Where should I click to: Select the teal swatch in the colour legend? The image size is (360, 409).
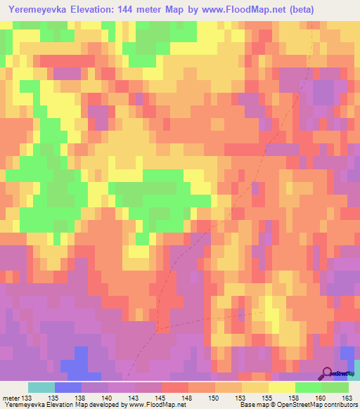pyautogui.click(x=41, y=387)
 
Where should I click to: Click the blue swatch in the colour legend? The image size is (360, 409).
pyautogui.click(x=67, y=387)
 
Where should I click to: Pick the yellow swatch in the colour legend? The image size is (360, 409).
pyautogui.click(x=282, y=387)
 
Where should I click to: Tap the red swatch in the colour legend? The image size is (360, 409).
pyautogui.click(x=175, y=387)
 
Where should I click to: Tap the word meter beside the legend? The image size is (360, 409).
pyautogui.click(x=11, y=397)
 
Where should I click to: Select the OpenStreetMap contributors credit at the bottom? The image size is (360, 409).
pyautogui.click(x=321, y=405)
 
